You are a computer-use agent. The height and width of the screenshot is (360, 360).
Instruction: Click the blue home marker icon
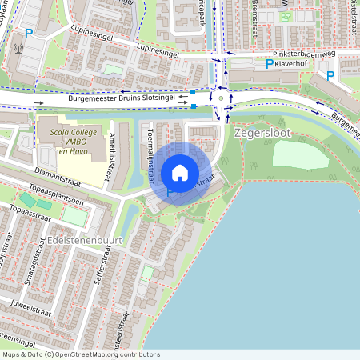(180, 173)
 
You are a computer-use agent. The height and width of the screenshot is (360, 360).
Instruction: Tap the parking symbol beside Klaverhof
(270, 64)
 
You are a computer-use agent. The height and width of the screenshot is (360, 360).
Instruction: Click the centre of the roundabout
(221, 99)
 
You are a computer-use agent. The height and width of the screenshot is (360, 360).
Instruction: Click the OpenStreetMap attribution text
(81, 354)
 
